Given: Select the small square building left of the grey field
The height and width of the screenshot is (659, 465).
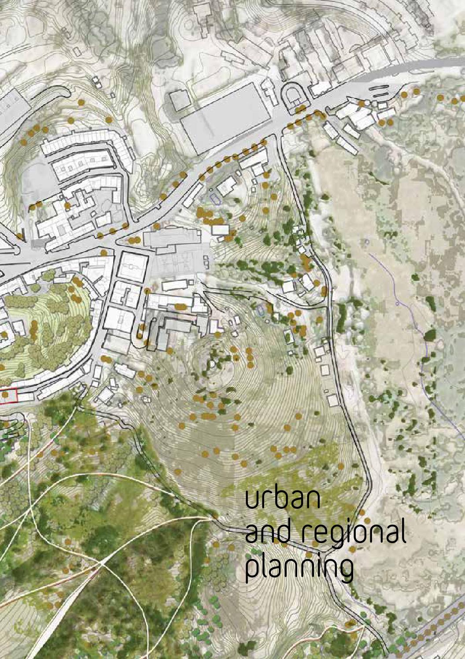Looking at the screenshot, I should [x=178, y=100].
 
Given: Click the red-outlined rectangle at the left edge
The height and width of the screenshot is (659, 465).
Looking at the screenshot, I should [x=8, y=396].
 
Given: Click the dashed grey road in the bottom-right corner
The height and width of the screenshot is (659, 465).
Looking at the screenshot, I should [x=436, y=626].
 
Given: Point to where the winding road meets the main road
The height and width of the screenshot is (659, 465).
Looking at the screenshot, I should [x=278, y=132].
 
